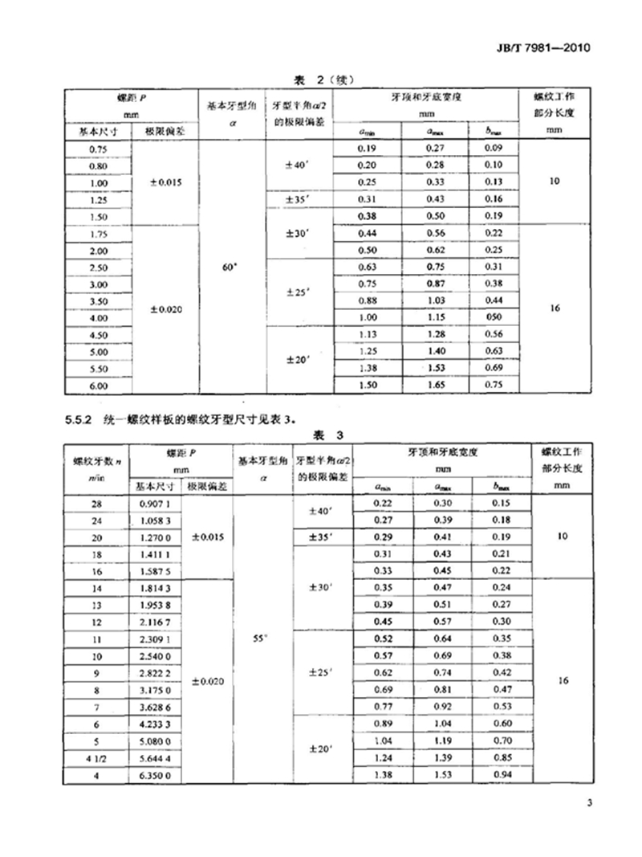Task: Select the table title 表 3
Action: coord(327,435)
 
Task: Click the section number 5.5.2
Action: coord(79,418)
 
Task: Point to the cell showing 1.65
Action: coord(436,386)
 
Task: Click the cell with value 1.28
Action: coord(436,335)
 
